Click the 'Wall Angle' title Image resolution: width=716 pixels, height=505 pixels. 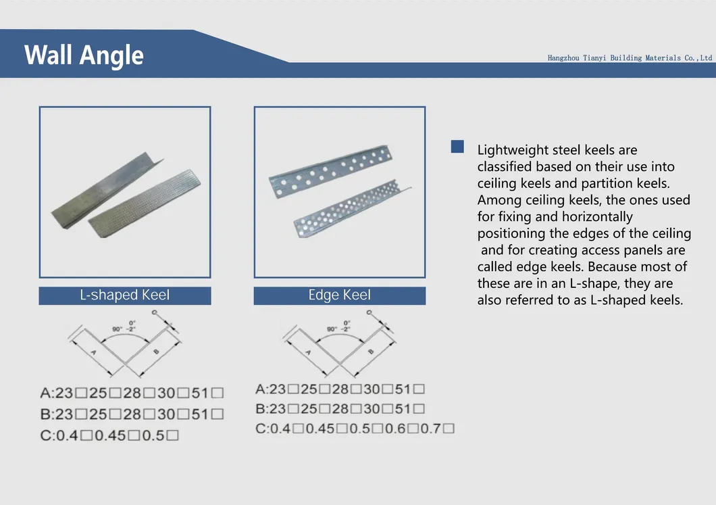point(84,55)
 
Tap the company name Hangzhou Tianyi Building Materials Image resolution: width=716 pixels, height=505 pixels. point(630,58)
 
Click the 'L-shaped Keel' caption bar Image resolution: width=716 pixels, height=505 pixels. point(125,295)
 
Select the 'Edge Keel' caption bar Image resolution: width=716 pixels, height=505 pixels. point(340,295)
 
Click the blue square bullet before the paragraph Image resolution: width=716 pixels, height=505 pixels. point(457,147)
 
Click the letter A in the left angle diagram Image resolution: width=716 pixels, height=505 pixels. point(93,353)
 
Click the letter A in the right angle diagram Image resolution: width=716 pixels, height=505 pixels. point(307,352)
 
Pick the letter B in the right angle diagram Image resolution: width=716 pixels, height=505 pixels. point(370,352)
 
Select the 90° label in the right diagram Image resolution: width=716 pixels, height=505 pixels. point(332,329)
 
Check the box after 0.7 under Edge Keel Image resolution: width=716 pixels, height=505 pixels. point(449,428)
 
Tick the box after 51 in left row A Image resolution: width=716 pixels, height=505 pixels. point(217,393)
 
